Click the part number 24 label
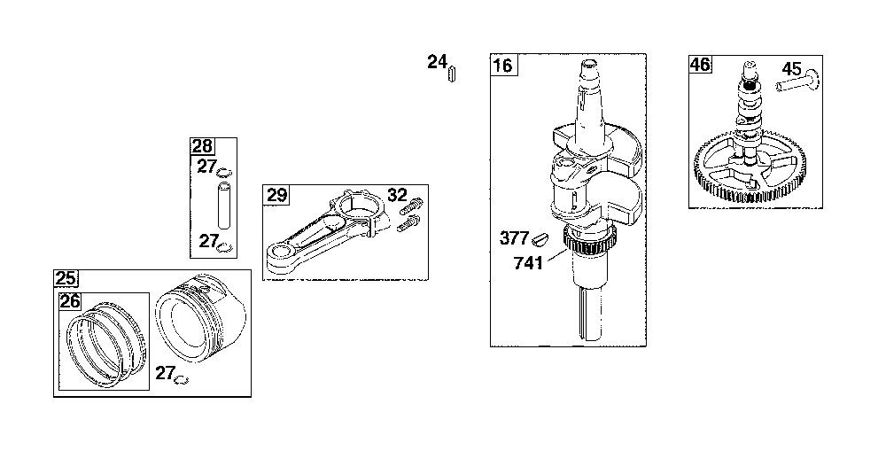[x=437, y=62]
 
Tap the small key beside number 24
[x=452, y=74]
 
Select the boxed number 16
[x=502, y=65]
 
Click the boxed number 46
[x=700, y=65]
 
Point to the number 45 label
[x=791, y=69]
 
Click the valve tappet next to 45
[x=798, y=81]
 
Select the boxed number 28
[x=202, y=146]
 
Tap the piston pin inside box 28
[x=224, y=205]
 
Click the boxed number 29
[x=276, y=195]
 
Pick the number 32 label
[x=397, y=195]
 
